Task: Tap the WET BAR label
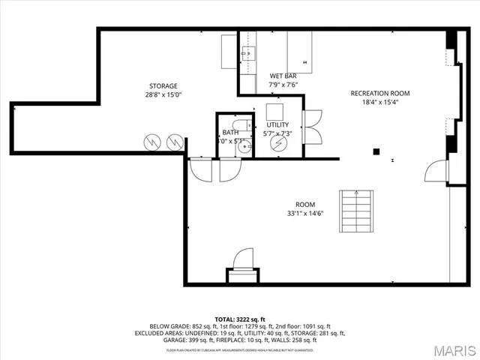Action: pos(283,76)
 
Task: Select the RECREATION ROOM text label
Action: pos(379,93)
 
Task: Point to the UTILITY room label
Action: pos(277,124)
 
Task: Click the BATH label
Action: pos(230,132)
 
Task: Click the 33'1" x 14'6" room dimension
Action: pos(304,214)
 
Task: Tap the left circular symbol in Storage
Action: pos(154,140)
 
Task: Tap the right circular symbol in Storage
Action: pos(175,140)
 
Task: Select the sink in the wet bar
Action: pos(249,53)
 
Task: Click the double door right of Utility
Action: pos(312,127)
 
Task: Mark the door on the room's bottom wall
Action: pos(242,263)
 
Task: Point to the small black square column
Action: pos(376,151)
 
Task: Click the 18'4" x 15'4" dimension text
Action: pos(379,103)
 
